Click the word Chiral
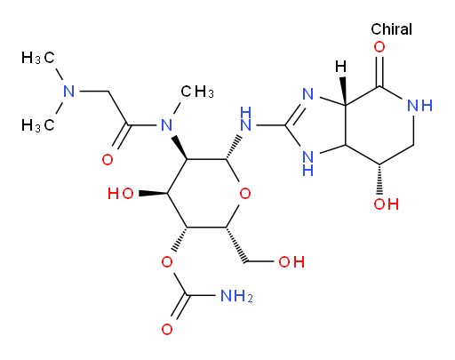pyautogui.click(x=391, y=29)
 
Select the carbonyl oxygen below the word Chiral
pyautogui.click(x=379, y=47)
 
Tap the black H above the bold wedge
pyautogui.click(x=341, y=67)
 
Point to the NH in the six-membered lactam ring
pyautogui.click(x=419, y=106)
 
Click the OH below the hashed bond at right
pyautogui.click(x=387, y=204)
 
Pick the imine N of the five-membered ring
pyautogui.click(x=308, y=94)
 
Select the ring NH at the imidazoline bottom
pyautogui.click(x=308, y=163)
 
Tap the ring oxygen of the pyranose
pyautogui.click(x=245, y=194)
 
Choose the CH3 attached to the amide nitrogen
pyautogui.click(x=197, y=92)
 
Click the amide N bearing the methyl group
pyautogui.click(x=167, y=125)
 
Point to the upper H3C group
pyautogui.click(x=38, y=58)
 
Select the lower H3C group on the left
pyautogui.click(x=38, y=125)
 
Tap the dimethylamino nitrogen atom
pyautogui.click(x=69, y=92)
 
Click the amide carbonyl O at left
pyautogui.click(x=108, y=160)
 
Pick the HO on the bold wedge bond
pyautogui.click(x=121, y=194)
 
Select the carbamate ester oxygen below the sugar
pyautogui.click(x=167, y=262)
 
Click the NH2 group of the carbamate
pyautogui.click(x=236, y=296)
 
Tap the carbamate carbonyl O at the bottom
pyautogui.click(x=167, y=330)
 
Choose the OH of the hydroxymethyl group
pyautogui.click(x=291, y=262)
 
